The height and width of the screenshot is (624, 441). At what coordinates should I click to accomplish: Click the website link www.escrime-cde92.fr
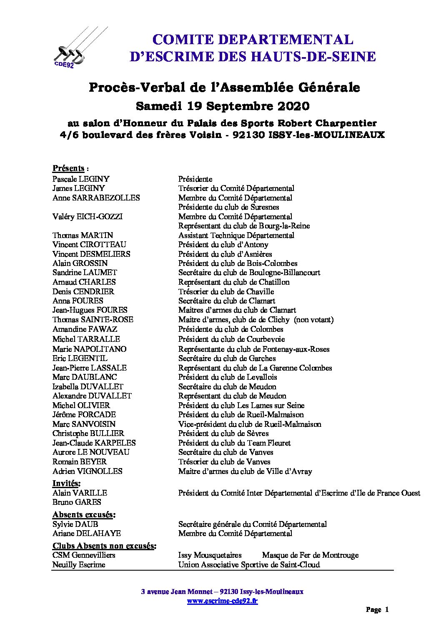coord(222,601)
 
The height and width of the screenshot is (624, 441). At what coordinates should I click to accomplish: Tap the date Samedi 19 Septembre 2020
coord(223,106)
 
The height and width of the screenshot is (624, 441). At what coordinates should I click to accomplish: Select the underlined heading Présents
coord(68,168)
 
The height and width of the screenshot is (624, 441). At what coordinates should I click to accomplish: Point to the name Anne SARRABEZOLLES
coord(96,198)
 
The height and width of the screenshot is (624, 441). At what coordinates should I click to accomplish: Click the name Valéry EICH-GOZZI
coord(88,217)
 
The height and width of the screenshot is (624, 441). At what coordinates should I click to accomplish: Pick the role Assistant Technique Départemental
coord(236,236)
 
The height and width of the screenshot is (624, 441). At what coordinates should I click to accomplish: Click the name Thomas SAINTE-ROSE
coord(93,320)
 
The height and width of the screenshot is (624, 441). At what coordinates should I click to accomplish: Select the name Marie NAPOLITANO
coord(89,349)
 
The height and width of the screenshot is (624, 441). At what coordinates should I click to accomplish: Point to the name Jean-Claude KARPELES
coord(94,443)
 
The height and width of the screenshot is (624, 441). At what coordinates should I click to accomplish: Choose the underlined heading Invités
coord(66,483)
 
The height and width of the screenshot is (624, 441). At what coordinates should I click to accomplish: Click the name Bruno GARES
coord(77,502)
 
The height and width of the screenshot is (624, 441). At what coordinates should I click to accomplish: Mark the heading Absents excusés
coord(84,515)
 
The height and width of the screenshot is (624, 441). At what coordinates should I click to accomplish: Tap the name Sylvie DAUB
coord(75,524)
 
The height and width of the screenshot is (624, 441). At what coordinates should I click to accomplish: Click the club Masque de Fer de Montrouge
coord(310,555)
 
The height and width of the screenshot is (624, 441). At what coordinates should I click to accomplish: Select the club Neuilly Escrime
coord(78,565)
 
